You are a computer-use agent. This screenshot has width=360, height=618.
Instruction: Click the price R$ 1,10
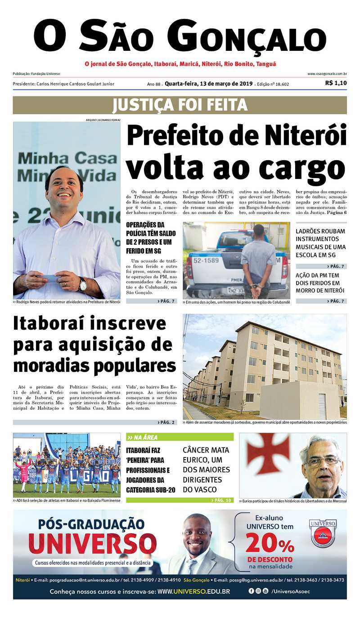[x=336, y=83]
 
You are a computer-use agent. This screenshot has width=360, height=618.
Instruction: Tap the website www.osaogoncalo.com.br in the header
[x=327, y=74]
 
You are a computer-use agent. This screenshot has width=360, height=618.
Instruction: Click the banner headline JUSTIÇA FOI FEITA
[x=180, y=105]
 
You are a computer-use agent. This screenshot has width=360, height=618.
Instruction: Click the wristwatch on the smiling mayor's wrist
[x=82, y=284]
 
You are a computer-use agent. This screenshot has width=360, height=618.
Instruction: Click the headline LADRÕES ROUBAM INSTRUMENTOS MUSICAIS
[x=320, y=243]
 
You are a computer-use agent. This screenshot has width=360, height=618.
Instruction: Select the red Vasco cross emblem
[x=268, y=452]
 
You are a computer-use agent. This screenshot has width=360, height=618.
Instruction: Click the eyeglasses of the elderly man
[x=323, y=461]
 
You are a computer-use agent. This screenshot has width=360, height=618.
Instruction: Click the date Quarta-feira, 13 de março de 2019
[x=208, y=84]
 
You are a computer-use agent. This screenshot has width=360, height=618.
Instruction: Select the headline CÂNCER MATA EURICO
[x=206, y=470]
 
